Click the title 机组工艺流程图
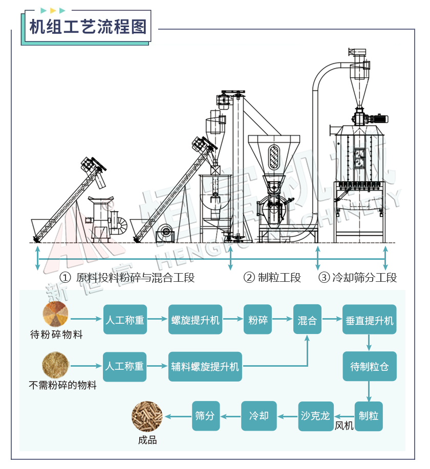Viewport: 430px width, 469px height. coord(88,26)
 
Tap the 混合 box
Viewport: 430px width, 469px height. coord(307,320)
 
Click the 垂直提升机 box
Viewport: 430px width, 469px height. coord(369,320)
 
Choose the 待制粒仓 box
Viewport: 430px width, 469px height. coord(369,366)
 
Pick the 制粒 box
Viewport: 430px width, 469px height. coord(369,415)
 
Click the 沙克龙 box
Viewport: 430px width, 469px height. coord(316,415)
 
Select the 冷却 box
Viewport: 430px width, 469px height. coord(259,415)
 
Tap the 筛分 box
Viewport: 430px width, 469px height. coord(205,415)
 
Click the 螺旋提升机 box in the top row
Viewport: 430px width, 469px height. coord(195,320)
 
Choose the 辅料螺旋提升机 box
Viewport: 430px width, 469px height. coord(205,366)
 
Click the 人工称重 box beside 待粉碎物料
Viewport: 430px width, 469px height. coord(125,320)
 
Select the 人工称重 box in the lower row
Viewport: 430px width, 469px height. coord(125,366)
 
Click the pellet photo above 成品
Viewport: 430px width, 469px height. coord(147,416)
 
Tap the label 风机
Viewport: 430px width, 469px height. coord(344,426)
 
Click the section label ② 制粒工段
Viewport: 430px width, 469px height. coord(272,278)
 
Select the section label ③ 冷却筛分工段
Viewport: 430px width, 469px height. coord(358,278)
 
